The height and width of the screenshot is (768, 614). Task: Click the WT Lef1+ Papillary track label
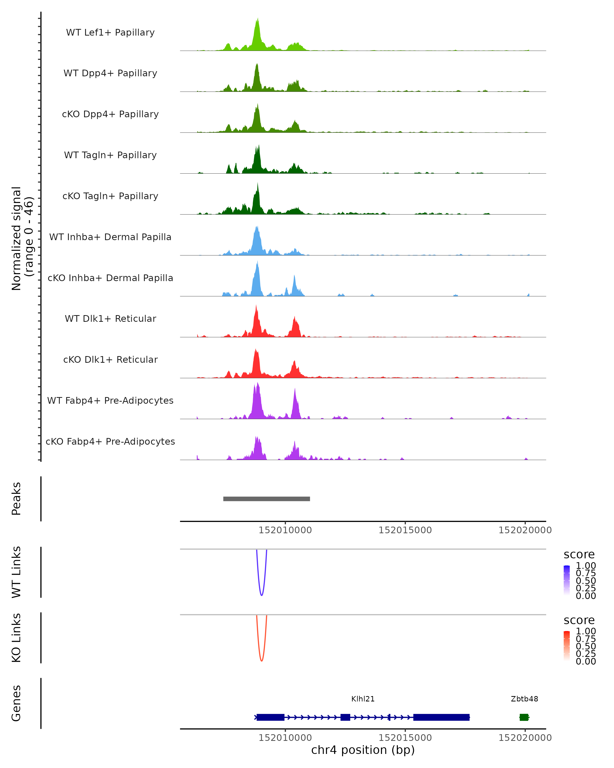110,33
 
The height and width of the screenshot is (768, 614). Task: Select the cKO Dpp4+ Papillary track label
110,114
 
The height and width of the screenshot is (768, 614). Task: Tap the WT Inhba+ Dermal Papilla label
110,237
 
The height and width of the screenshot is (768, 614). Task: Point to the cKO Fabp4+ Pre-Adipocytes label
110,441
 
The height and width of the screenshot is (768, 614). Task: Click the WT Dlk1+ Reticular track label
110,318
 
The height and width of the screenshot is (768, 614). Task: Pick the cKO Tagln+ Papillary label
110,196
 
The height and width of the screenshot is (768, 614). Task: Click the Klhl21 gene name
363,699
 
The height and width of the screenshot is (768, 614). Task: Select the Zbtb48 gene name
524,699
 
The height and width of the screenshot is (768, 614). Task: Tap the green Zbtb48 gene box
524,717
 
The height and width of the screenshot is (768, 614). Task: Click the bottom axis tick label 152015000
405,738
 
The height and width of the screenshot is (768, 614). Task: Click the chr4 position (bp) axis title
363,750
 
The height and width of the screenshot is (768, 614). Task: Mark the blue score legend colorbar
567,580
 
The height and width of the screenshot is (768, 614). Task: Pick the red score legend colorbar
567,645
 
